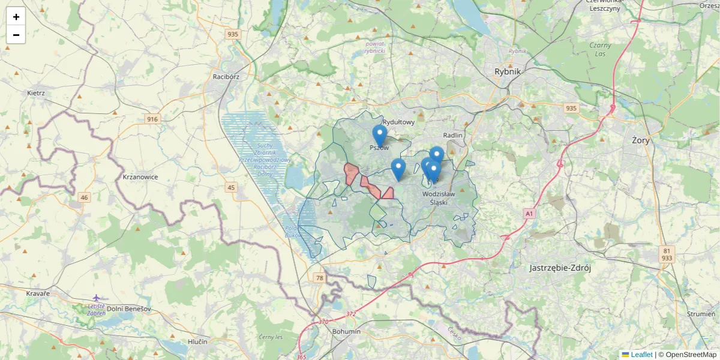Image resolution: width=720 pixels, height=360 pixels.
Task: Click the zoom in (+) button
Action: coord(16,16)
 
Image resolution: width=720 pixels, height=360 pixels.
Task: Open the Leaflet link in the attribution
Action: coord(641,355)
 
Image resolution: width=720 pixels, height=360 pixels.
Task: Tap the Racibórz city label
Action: coord(226,77)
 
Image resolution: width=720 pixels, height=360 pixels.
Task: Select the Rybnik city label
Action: coord(508,71)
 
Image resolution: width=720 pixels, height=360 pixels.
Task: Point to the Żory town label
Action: coord(641,140)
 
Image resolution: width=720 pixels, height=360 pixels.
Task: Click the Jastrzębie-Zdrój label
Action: coord(560,268)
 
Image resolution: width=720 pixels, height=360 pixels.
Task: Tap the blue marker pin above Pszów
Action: coord(379,135)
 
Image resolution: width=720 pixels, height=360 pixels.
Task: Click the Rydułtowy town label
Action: coord(398,122)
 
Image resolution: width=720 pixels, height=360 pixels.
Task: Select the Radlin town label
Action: coord(453,135)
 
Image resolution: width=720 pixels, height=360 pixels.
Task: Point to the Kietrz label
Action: coord(36,93)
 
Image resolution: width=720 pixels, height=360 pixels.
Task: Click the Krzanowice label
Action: coord(140,177)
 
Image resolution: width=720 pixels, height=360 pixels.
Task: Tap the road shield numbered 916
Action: coord(152,119)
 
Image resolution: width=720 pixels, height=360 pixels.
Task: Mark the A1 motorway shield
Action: coord(529,213)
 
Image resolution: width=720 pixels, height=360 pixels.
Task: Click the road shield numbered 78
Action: coord(319,278)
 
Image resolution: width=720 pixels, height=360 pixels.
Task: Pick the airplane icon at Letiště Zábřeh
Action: coord(97,298)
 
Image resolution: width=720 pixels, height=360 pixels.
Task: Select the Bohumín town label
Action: coord(346,331)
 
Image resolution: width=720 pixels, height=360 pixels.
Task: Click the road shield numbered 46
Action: coord(83,197)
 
